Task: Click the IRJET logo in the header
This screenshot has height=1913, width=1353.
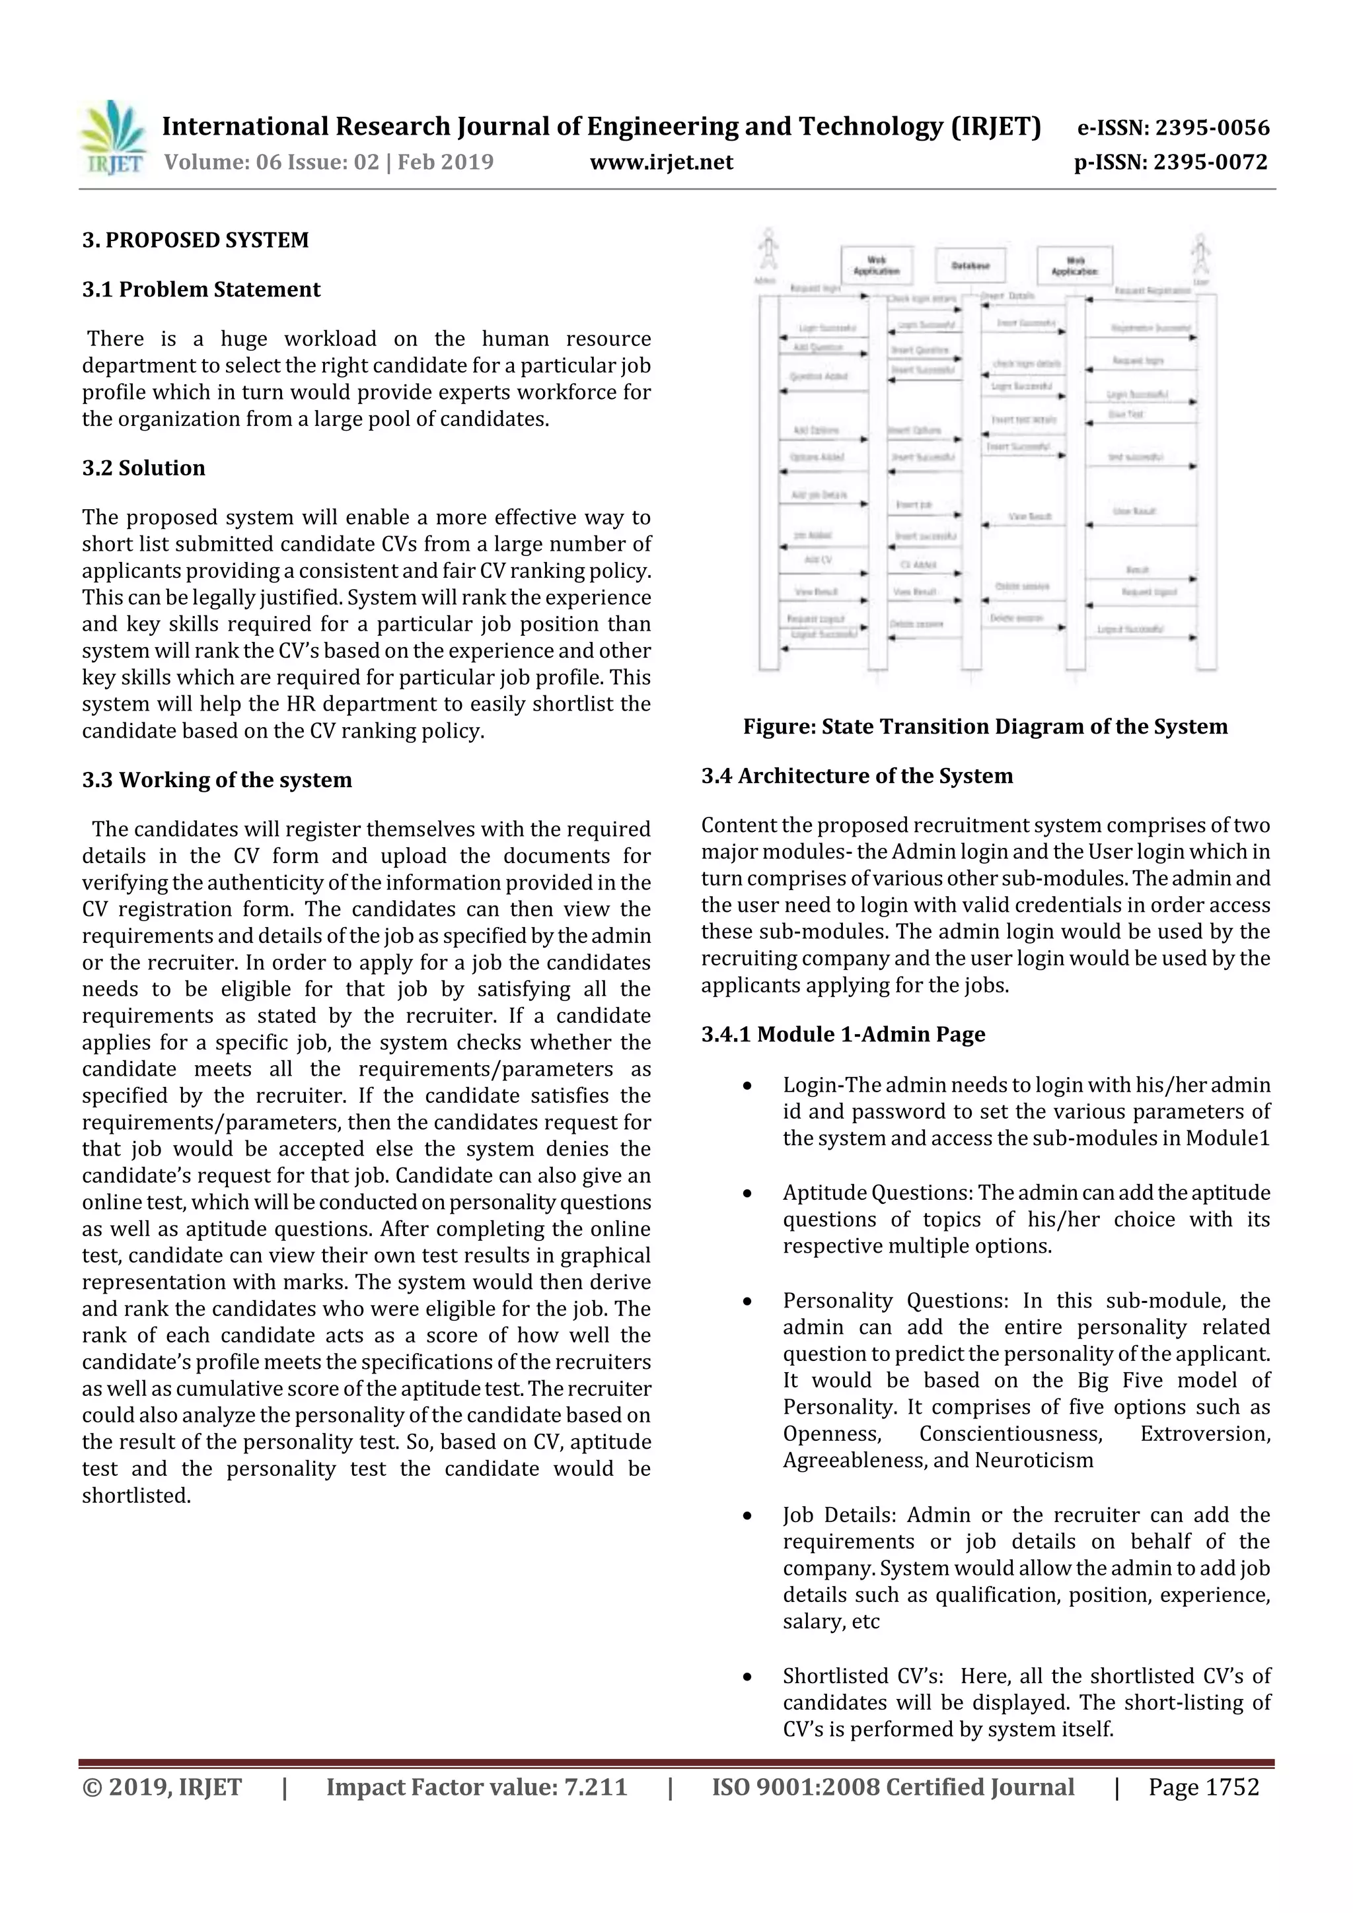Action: (x=114, y=137)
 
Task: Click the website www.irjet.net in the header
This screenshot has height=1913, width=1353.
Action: (x=661, y=162)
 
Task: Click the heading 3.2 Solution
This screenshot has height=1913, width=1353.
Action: (x=143, y=468)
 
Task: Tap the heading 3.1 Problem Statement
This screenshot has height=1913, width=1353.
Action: (x=201, y=289)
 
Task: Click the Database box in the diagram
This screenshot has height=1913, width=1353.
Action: (x=970, y=266)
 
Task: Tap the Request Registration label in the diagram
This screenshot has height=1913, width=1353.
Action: (x=1152, y=290)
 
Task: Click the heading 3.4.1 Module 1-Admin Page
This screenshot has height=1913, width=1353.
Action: (x=843, y=1034)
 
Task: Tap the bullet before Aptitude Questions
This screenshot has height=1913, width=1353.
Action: (x=748, y=1193)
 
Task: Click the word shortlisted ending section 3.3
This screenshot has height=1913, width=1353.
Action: (x=136, y=1495)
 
